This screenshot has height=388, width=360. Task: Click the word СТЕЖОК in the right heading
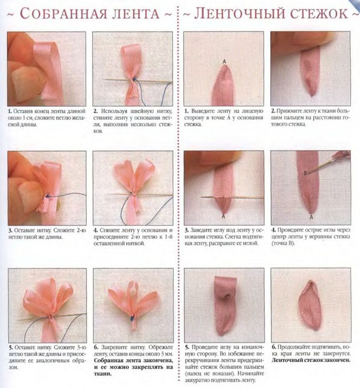[x=319, y=14]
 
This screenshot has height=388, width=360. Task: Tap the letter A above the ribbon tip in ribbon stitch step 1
[x=224, y=61]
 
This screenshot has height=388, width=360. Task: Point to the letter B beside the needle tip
[x=306, y=173]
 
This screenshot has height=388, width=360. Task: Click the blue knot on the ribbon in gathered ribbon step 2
[x=134, y=80]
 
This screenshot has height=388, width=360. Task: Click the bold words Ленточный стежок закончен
[x=311, y=360]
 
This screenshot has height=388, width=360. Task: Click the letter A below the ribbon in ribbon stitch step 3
[x=223, y=216]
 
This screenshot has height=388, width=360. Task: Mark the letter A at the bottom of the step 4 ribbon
[x=311, y=217]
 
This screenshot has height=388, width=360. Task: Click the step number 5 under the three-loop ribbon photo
[x=10, y=348]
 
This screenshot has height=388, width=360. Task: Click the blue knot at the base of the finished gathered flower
[x=131, y=319]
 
